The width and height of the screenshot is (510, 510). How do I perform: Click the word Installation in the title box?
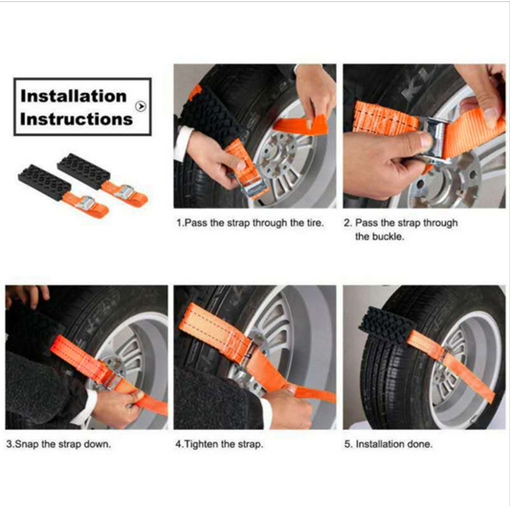point(73,96)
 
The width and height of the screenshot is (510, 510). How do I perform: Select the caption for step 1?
point(250,224)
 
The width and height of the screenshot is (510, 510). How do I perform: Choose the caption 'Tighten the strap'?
point(219,444)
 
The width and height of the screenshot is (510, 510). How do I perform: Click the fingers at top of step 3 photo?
point(28,295)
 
